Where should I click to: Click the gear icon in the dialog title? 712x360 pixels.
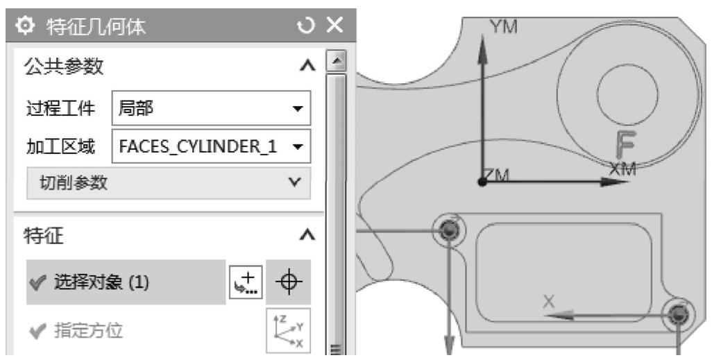[x=24, y=26]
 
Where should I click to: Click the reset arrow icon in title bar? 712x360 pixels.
[x=305, y=26]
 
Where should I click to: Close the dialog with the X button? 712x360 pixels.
[x=335, y=25]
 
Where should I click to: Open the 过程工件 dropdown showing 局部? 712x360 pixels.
[x=211, y=108]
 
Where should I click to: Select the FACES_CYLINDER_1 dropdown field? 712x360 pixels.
[x=211, y=146]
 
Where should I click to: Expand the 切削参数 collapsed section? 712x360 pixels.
[x=169, y=182]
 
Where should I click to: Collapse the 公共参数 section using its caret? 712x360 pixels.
[x=307, y=67]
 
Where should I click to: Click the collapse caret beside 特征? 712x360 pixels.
[x=307, y=235]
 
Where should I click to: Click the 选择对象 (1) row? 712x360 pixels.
[x=126, y=282]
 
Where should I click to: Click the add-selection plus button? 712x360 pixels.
[x=246, y=282]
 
